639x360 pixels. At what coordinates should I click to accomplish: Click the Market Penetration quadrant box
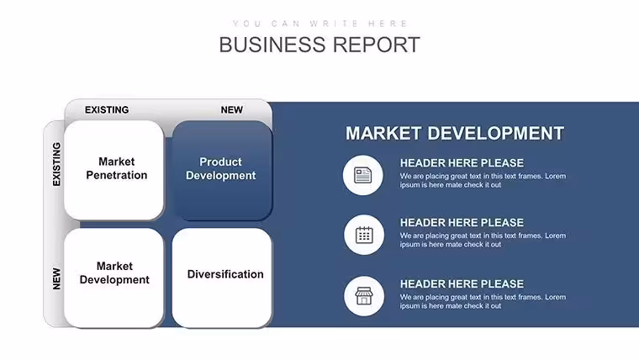tap(114, 170)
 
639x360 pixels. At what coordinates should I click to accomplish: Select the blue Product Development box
tap(222, 171)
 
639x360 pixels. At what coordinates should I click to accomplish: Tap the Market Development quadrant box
tap(114, 278)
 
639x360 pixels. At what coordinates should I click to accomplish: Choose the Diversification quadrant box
tap(222, 278)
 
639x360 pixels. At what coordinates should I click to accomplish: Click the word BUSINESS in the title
tap(272, 45)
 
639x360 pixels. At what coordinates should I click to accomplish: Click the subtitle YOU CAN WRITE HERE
tap(319, 24)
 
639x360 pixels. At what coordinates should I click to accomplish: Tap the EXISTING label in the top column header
tap(107, 110)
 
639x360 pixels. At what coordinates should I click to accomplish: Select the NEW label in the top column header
tap(232, 110)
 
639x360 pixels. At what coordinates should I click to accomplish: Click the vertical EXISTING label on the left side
tap(56, 164)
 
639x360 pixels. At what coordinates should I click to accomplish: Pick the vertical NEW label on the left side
tap(56, 279)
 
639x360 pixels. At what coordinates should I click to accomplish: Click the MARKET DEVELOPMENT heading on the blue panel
tap(455, 134)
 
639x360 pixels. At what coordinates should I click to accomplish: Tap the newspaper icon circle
tap(362, 175)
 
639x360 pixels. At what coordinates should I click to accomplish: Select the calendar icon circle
tap(364, 235)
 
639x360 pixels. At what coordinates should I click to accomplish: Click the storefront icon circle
tap(364, 296)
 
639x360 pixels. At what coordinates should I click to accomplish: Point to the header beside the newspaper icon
tap(462, 163)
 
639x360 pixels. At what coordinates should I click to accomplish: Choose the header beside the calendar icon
tap(462, 223)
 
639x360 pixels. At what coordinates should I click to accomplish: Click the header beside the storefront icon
tap(462, 283)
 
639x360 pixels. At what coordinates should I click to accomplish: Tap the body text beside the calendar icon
tap(483, 240)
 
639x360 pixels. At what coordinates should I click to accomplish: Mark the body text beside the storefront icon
tap(483, 302)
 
